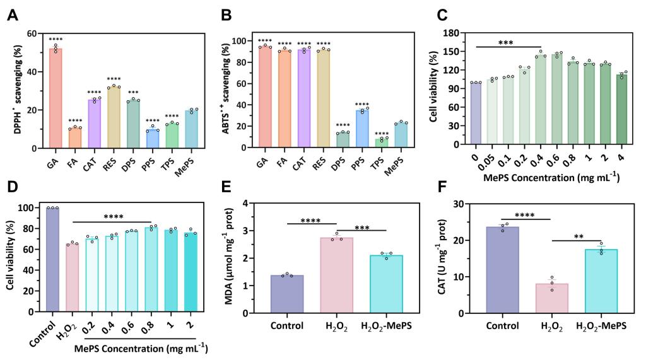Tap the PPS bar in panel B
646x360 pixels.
tap(361, 129)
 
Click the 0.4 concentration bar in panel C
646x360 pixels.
tap(541, 100)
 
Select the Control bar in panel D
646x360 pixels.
tap(52, 259)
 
